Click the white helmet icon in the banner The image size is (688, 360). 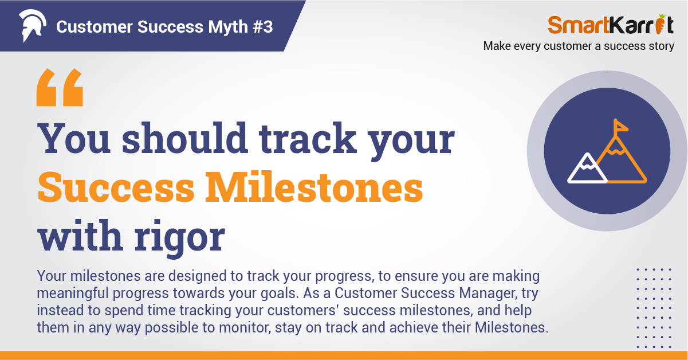[x=32, y=25]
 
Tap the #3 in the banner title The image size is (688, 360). [x=263, y=26]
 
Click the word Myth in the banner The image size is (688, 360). [x=228, y=27]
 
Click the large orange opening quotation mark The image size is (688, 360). [x=60, y=87]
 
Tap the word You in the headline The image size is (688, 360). [x=74, y=138]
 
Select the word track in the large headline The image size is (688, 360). [x=308, y=138]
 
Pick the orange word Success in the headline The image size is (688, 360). [x=116, y=187]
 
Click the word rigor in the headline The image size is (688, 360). [x=180, y=237]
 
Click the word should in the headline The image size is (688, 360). [x=185, y=138]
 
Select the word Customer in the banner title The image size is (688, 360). [x=95, y=27]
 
